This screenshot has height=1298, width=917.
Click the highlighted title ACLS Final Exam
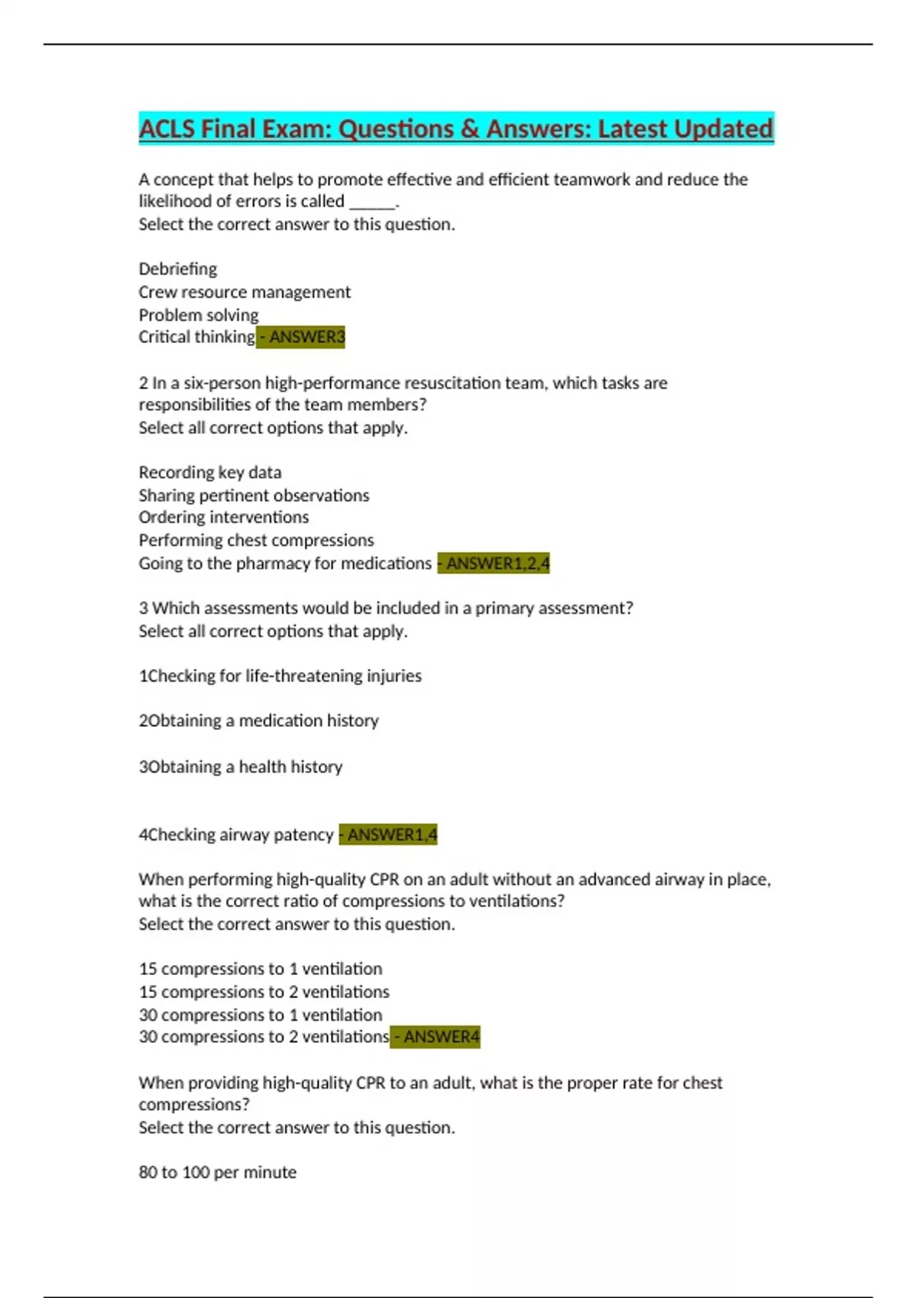click(455, 128)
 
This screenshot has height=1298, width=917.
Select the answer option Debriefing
click(177, 269)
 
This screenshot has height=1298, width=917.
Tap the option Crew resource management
click(245, 292)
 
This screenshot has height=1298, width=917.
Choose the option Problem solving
click(198, 315)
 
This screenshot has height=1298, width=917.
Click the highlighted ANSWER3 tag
click(301, 337)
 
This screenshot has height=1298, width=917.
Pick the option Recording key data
click(209, 472)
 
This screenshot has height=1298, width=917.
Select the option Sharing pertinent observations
click(254, 495)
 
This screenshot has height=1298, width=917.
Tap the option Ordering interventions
click(223, 517)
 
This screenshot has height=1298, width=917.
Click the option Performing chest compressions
click(256, 540)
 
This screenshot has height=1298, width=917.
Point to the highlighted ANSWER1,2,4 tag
click(494, 563)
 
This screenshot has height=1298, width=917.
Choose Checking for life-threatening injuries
click(280, 676)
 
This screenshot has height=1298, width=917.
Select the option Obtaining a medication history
click(258, 720)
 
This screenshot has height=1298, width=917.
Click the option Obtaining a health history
click(240, 766)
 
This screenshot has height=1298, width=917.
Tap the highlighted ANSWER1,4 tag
click(388, 835)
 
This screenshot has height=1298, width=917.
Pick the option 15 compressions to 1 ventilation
click(260, 968)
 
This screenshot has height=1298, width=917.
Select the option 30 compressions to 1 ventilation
click(260, 1015)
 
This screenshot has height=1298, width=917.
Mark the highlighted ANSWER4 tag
click(436, 1037)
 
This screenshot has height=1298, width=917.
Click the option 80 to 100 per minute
click(217, 1172)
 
